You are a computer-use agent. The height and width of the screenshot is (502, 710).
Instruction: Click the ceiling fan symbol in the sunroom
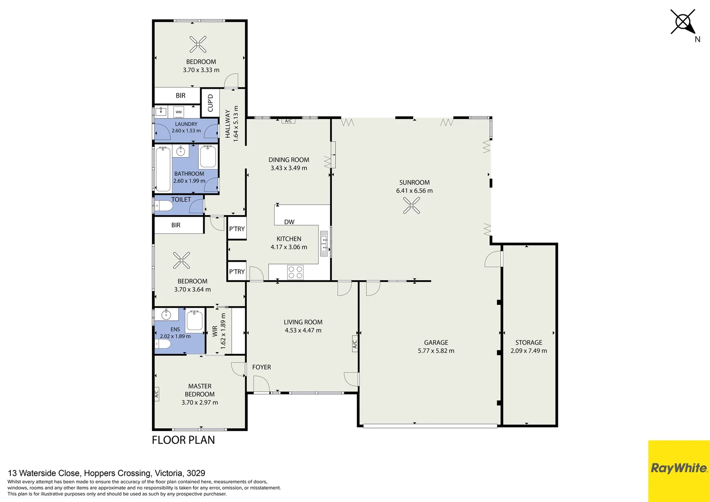pyautogui.click(x=412, y=205)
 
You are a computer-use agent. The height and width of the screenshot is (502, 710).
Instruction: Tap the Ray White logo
pyautogui.click(x=679, y=468)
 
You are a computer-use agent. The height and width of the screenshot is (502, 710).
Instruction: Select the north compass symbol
pyautogui.click(x=684, y=23)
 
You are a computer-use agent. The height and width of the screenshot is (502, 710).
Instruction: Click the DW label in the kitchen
pyautogui.click(x=289, y=222)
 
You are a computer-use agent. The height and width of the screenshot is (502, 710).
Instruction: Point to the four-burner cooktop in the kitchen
pyautogui.click(x=296, y=272)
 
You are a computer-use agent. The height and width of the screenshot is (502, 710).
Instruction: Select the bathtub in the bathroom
pyautogui.click(x=163, y=169)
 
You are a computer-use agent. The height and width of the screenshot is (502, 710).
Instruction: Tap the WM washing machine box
pyautogui.click(x=178, y=112)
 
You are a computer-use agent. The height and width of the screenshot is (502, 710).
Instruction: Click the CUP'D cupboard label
pyautogui.click(x=210, y=103)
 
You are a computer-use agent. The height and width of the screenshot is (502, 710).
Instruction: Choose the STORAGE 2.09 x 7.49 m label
pyautogui.click(x=528, y=347)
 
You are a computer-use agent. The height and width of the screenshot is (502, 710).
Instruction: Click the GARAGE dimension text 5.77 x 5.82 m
pyautogui.click(x=436, y=351)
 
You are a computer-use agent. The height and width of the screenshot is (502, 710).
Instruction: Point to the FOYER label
pyautogui.click(x=262, y=367)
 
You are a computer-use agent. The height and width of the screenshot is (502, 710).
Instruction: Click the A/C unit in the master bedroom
pyautogui.click(x=157, y=394)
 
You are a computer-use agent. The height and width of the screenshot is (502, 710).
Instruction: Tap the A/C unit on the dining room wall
pyautogui.click(x=288, y=121)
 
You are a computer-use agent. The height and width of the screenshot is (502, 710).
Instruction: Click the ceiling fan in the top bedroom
pyautogui.click(x=198, y=44)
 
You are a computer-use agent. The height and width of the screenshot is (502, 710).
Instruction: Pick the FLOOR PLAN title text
pyautogui.click(x=183, y=440)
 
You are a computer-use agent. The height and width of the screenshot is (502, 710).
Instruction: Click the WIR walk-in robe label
pyautogui.click(x=215, y=331)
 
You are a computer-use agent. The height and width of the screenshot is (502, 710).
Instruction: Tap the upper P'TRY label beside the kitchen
pyautogui.click(x=237, y=229)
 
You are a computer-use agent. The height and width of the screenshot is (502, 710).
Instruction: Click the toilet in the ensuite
pyautogui.click(x=163, y=344)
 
